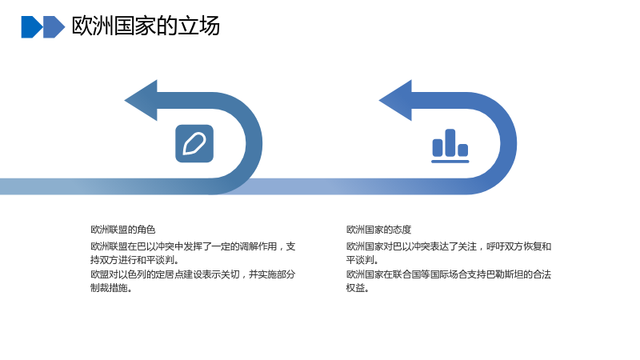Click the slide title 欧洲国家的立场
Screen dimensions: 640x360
(x=146, y=26)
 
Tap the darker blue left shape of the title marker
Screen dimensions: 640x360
(x=32, y=27)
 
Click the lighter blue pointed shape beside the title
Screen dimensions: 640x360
(x=54, y=27)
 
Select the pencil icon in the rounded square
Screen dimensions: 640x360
(x=194, y=144)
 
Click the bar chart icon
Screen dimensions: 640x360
(x=450, y=146)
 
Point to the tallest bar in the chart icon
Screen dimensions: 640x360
(x=450, y=142)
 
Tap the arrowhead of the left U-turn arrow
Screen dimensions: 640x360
(x=142, y=101)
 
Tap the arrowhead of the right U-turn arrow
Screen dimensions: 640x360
(x=396, y=101)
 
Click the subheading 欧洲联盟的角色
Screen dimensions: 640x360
(x=123, y=230)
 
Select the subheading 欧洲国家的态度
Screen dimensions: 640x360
(x=378, y=230)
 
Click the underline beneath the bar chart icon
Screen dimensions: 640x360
(x=450, y=162)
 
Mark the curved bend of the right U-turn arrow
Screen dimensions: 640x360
(x=509, y=143)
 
